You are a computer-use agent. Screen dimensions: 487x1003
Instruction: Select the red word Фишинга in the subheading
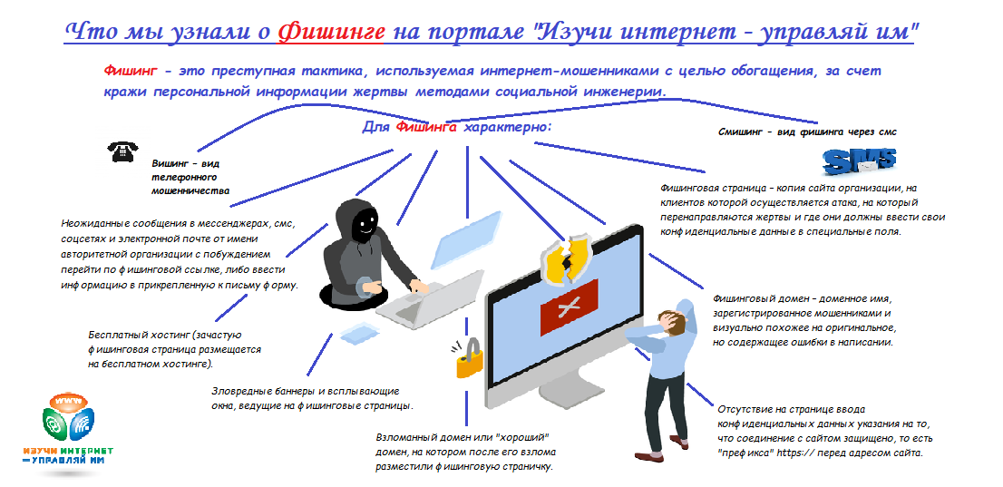coord(425,128)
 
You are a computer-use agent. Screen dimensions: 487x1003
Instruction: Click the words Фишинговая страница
coord(712,188)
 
